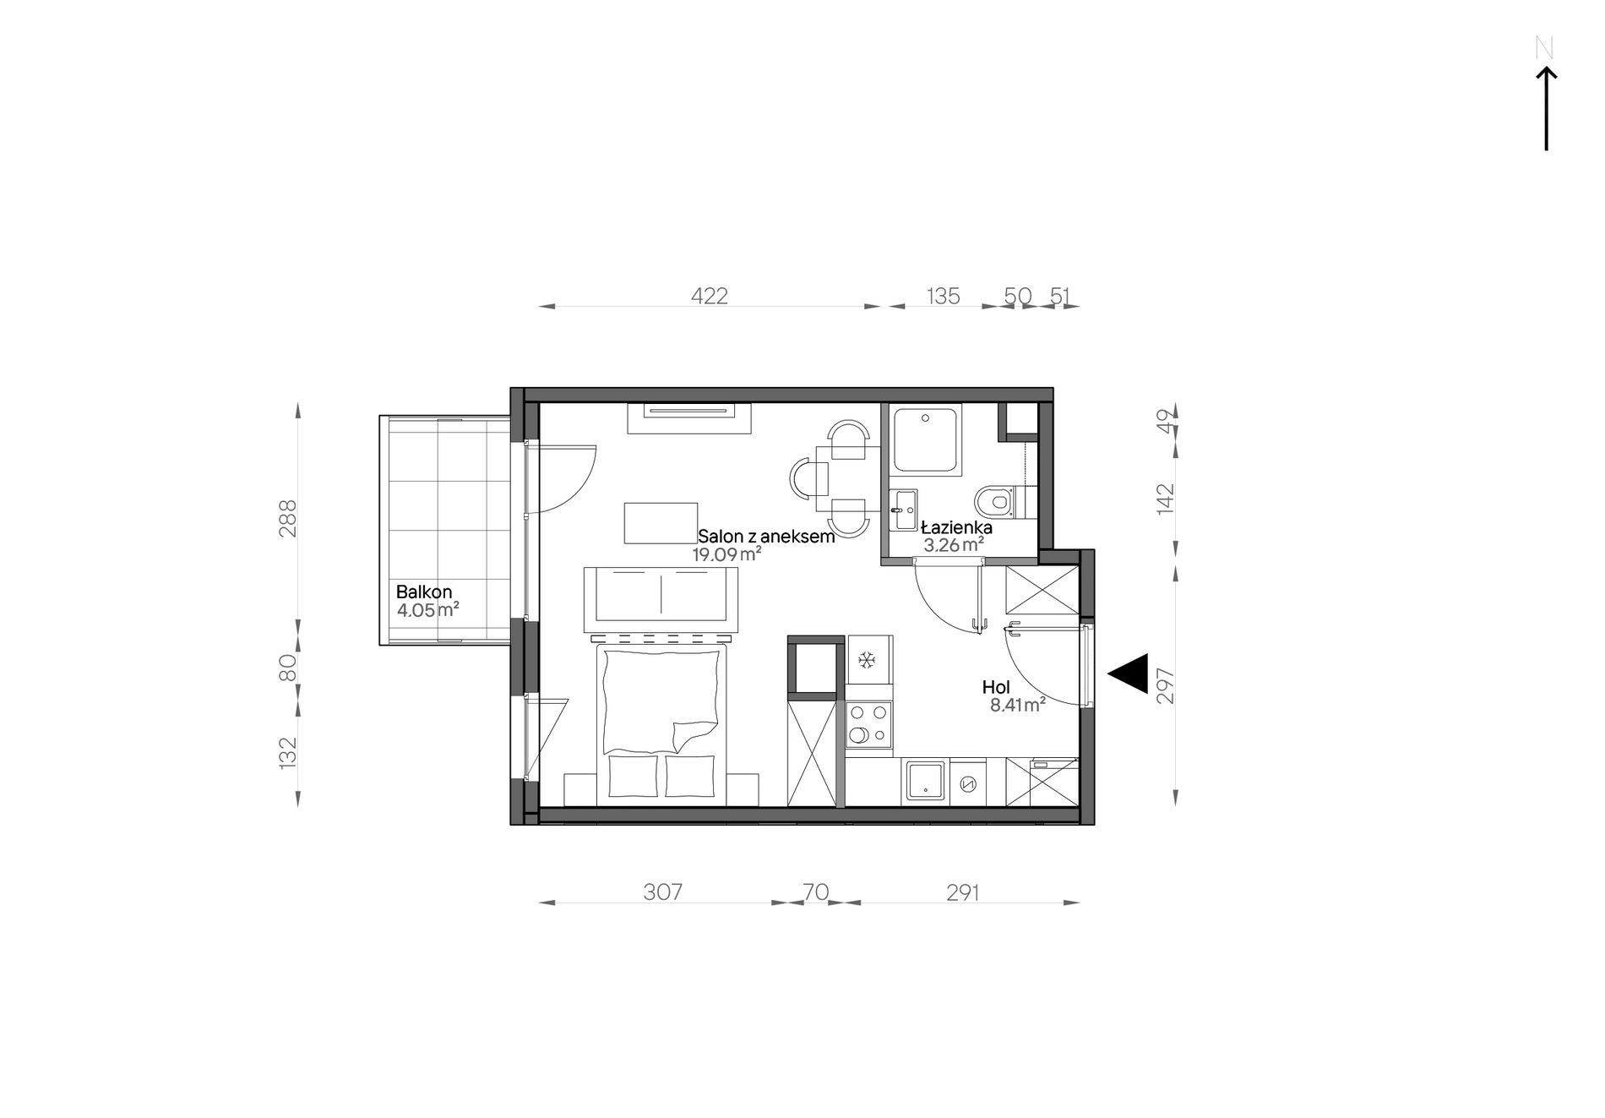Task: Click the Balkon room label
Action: pos(425,592)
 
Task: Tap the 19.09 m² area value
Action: pos(727,554)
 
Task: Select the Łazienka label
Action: pos(956,528)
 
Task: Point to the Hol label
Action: pos(996,688)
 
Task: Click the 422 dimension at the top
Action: pos(710,296)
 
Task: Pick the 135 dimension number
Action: pos(944,296)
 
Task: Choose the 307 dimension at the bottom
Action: pos(662,892)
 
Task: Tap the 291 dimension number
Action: pos(963,892)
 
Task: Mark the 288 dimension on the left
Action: pos(288,519)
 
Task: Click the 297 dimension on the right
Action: pos(1167,685)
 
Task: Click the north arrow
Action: pos(1546,108)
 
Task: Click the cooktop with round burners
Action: pos(869,725)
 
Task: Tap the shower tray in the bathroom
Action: pos(927,440)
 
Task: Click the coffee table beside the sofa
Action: pos(661,523)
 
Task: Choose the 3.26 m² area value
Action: pos(955,545)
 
